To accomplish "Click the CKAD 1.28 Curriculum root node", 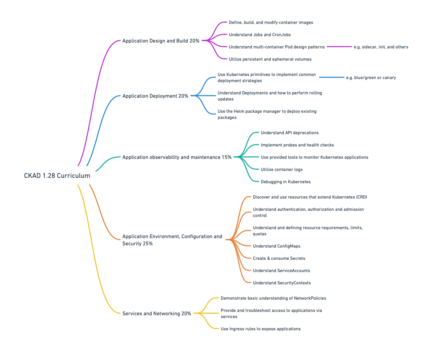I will [x=57, y=175].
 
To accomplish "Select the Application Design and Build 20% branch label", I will [x=161, y=41].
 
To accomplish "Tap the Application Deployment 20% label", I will [x=155, y=96].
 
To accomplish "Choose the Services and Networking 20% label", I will [x=157, y=314].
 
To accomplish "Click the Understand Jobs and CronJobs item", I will [x=260, y=35].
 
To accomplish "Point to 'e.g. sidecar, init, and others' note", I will [x=381, y=47].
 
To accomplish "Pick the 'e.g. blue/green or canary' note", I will [x=371, y=78].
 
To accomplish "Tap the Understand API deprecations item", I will [x=289, y=133].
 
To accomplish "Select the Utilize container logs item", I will [x=282, y=170].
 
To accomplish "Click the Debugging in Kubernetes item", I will [x=286, y=182].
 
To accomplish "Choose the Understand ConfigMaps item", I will [x=276, y=246].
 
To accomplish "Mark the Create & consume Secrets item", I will [x=279, y=258].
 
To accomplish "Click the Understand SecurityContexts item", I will [x=282, y=283].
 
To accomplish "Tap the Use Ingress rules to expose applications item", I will [x=260, y=329].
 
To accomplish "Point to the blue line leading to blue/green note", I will [x=331, y=77].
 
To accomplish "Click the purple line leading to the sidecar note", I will [x=339, y=47].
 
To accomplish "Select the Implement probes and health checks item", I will [x=297, y=145].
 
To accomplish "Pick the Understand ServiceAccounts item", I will [x=281, y=271].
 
